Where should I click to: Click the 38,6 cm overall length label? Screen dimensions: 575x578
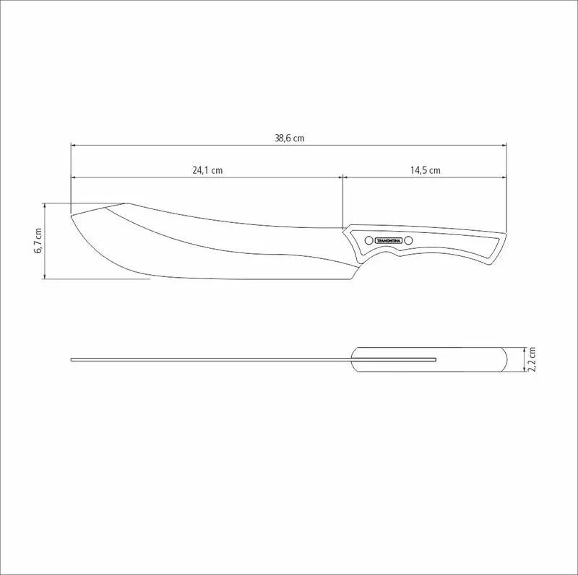click(x=289, y=139)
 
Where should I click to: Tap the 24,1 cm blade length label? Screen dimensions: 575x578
click(x=207, y=171)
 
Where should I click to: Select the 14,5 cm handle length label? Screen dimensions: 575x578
click(x=426, y=171)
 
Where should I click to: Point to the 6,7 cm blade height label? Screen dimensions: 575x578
click(x=39, y=240)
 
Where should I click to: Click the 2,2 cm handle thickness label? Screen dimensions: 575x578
click(x=532, y=359)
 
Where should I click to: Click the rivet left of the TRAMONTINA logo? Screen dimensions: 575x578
click(x=368, y=240)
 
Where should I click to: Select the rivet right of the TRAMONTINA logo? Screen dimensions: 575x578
click(x=408, y=240)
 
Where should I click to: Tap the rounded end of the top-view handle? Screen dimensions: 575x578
click(x=509, y=359)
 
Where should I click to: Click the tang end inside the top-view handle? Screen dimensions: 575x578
click(x=435, y=359)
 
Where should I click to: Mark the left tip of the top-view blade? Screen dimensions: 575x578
click(x=72, y=359)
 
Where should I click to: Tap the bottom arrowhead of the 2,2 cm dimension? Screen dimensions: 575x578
click(x=525, y=370)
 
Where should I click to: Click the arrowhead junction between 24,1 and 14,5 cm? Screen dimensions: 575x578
click(x=342, y=177)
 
